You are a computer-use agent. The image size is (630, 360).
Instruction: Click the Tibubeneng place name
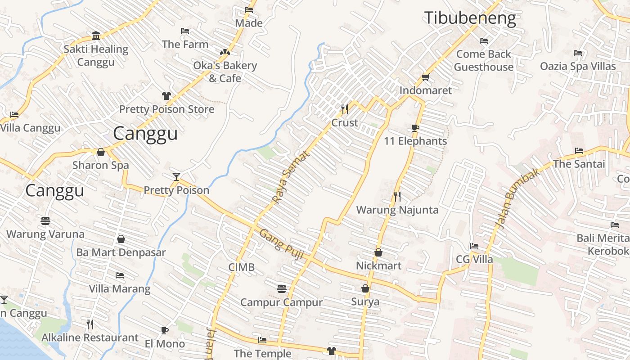[x=470, y=18]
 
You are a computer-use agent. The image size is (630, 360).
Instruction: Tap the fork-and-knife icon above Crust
[x=345, y=109]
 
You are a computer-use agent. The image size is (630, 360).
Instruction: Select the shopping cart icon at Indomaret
[x=426, y=77]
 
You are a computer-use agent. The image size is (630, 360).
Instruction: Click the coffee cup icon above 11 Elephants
[x=415, y=128]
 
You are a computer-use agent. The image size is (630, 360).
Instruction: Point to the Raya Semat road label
[x=291, y=177]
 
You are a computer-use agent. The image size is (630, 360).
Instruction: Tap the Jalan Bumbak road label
[x=517, y=198]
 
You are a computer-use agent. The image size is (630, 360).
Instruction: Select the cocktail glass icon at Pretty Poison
[x=176, y=176]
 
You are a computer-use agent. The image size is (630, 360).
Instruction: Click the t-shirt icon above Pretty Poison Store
[x=166, y=95]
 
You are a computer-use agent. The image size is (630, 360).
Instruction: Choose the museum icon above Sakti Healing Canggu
[x=96, y=36]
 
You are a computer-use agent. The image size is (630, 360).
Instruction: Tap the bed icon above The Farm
[x=185, y=31]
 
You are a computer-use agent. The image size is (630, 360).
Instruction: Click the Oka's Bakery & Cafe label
[x=225, y=72]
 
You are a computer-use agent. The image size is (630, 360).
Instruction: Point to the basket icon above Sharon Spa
[x=101, y=152]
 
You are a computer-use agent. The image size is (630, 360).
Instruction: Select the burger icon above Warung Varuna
[x=45, y=221]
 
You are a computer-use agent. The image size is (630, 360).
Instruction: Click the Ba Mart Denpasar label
[x=121, y=252]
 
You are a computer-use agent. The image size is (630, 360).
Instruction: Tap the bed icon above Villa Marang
[x=120, y=275]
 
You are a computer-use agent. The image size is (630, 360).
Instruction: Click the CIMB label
[x=242, y=267]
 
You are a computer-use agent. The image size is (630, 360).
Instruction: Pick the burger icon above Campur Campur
[x=282, y=288]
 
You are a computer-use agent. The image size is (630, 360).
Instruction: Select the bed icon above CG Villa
[x=474, y=246]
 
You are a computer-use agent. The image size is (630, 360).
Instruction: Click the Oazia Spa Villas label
[x=578, y=67]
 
